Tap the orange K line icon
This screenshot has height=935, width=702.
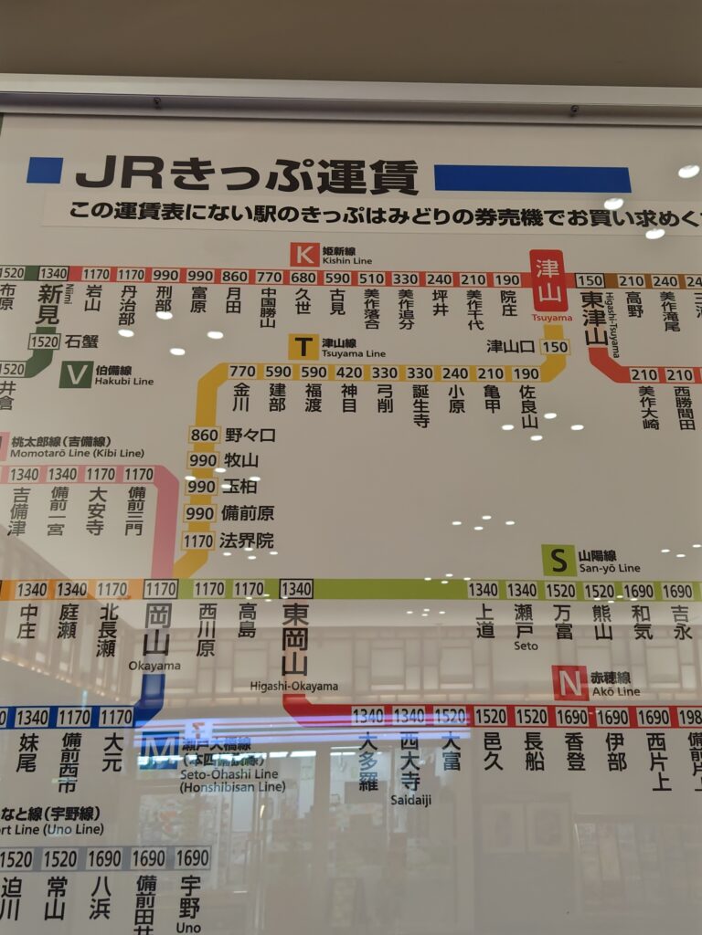pos(304,254)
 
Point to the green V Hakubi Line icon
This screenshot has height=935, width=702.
pos(75,374)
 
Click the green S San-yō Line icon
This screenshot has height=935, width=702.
pos(558,560)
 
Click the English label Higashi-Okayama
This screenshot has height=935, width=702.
pos(294,687)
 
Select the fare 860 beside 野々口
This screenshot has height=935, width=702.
pos(204,435)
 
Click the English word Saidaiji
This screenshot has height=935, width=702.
pos(409,799)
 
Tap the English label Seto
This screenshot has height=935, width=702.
pos(525,646)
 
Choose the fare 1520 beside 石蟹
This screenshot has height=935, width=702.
pos(44,341)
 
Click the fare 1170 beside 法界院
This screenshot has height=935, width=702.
pos(198,541)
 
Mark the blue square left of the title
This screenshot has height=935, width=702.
pos(45,171)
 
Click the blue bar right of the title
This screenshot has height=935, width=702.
pos(532,178)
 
